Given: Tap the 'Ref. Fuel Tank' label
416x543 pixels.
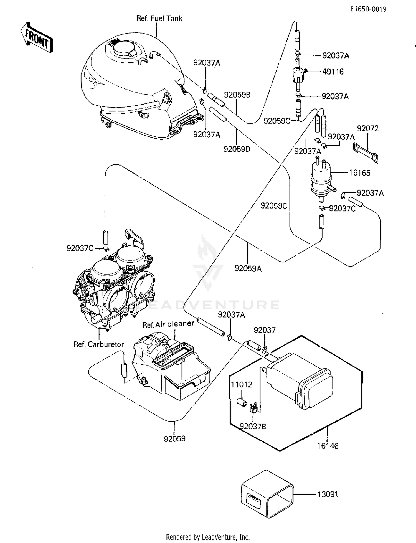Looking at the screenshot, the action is click(x=159, y=19).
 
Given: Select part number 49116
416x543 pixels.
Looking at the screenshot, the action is click(x=333, y=72).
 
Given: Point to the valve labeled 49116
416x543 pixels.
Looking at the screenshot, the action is click(x=299, y=75).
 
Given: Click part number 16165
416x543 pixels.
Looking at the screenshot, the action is click(x=359, y=173).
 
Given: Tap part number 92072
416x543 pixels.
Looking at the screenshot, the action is click(x=368, y=129).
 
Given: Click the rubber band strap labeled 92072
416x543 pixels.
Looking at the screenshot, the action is click(x=366, y=152).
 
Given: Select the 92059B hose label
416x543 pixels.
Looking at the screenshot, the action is click(x=237, y=95).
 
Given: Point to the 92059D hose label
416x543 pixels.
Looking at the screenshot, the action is click(x=237, y=149).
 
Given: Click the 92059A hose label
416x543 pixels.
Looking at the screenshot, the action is click(x=248, y=268).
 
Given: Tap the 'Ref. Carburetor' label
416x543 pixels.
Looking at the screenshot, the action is click(x=99, y=344).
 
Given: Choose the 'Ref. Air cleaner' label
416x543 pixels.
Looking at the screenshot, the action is click(x=168, y=324).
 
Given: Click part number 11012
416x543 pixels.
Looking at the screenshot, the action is click(x=242, y=385).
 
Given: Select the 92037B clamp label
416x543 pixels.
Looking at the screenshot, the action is click(x=253, y=427).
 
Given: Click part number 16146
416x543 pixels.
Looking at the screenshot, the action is click(x=328, y=446).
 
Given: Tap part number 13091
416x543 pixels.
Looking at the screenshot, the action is click(x=328, y=494).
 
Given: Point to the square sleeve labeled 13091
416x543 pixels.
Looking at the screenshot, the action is click(x=267, y=494).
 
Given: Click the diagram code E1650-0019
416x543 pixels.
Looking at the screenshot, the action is click(x=369, y=9).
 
